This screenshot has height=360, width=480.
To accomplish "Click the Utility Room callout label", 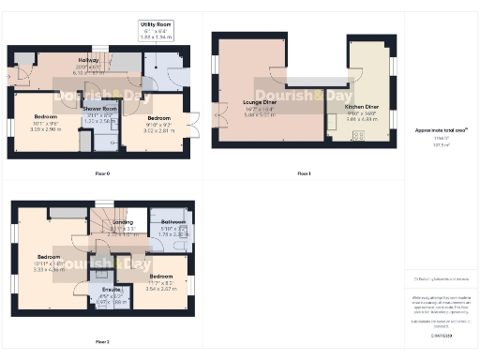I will (155, 24).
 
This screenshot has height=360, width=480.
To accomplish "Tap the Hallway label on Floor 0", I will (88, 66).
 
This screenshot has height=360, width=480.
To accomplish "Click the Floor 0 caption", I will (102, 174).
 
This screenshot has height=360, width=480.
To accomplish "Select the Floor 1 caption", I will (303, 174).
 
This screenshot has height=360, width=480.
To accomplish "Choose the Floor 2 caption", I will (102, 342).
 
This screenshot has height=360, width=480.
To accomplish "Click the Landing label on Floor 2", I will (123, 222).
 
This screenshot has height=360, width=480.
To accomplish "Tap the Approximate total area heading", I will (439, 130).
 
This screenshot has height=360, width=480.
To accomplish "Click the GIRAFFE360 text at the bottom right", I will (439, 336).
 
